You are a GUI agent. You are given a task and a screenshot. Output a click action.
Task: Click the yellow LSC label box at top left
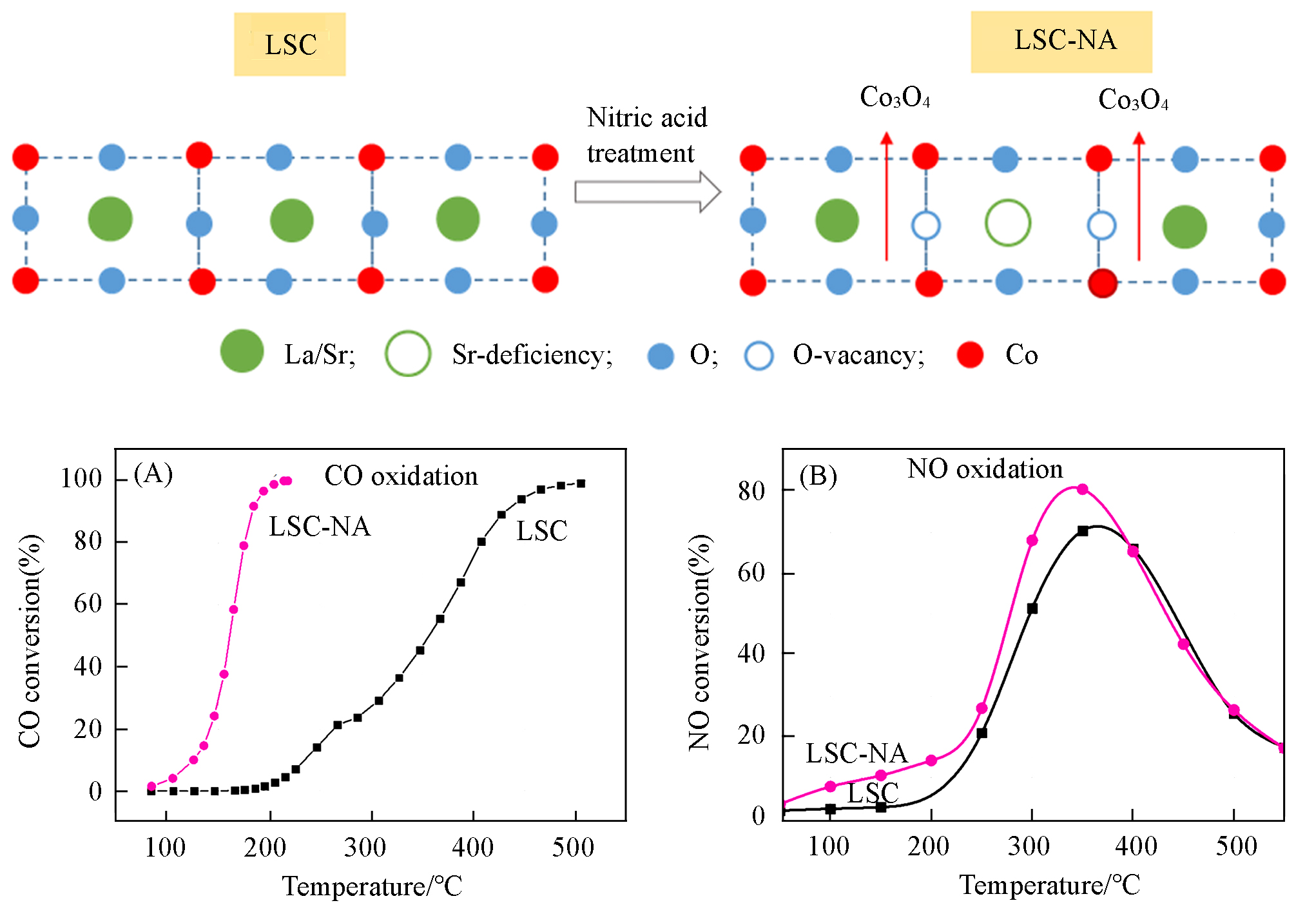point(289,44)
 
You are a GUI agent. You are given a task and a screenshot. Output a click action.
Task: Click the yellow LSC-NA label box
point(1061,41)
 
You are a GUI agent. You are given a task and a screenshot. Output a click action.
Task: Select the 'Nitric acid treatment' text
point(646,135)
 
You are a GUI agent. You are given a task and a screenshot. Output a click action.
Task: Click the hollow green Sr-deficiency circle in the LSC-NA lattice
point(1007,223)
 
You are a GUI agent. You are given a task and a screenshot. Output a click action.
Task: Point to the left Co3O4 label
point(895,97)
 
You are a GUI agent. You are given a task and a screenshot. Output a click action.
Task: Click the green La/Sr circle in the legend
point(242,351)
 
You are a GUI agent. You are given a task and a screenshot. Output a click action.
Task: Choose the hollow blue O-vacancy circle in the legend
point(759,356)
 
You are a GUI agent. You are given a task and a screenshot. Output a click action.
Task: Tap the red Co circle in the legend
point(970,355)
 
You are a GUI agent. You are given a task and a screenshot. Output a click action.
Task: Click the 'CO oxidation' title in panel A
point(401,476)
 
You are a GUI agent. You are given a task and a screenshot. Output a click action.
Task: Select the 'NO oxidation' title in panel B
point(985,469)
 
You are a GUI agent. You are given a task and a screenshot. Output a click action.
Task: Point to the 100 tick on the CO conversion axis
point(81,479)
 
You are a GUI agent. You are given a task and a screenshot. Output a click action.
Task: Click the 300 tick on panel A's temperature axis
point(365,847)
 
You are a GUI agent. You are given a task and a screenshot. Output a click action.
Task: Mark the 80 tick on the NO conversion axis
point(751,491)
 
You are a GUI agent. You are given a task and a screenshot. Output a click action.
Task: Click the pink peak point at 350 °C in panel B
point(1082,489)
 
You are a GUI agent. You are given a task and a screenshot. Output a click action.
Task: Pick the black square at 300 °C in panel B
point(1032,608)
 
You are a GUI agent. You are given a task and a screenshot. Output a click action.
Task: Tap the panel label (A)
point(153,474)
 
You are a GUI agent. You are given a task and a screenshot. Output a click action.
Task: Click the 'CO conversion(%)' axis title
point(30,641)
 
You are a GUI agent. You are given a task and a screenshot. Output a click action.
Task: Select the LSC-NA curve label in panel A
point(320,527)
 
